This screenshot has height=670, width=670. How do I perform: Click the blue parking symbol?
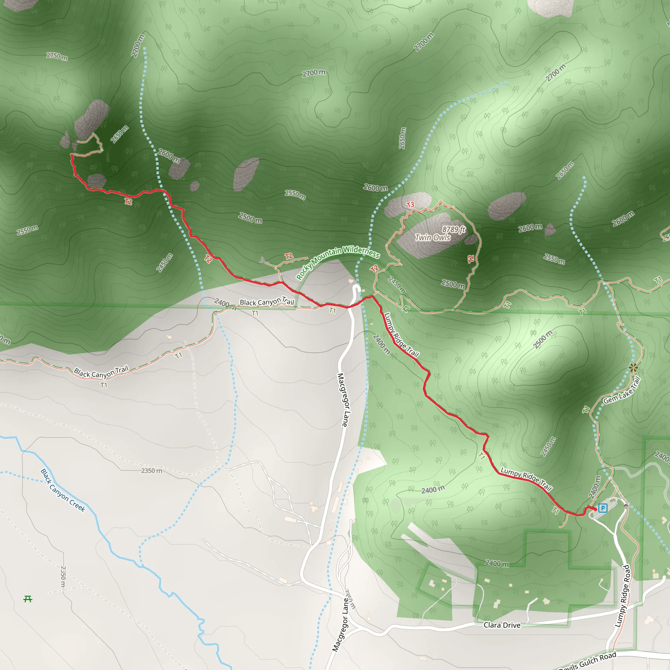coord(603,508)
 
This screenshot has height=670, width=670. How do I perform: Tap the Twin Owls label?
coord(433,238)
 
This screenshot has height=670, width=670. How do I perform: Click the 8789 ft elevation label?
coord(454,229)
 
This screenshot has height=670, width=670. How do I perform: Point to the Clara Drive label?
coord(502,625)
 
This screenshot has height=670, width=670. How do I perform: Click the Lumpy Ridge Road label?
coord(622,596)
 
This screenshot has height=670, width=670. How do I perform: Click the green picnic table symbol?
coord(28,599)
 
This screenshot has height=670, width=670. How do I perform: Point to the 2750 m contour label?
coord(57,56)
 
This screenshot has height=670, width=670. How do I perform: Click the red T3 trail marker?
coord(410,204)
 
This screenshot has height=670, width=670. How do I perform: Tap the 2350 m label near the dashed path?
coord(151,470)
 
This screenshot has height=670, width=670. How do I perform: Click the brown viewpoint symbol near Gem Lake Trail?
coord(633,368)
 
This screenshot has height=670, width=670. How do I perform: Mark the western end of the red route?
coord(71,155)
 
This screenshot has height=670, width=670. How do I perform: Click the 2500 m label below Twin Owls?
coord(453,284)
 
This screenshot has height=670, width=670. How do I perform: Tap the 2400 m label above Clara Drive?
coord(497,564)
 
